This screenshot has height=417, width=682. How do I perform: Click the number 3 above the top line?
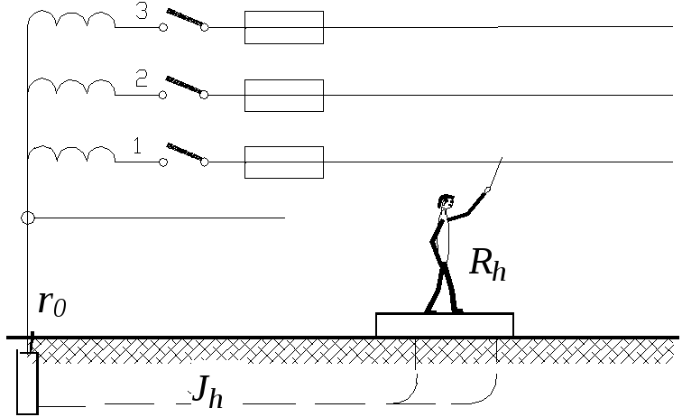(141, 11)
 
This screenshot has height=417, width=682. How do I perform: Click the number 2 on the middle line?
(141, 79)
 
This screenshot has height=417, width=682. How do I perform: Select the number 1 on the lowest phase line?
(137, 145)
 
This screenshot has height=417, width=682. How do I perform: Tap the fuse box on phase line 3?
(283, 27)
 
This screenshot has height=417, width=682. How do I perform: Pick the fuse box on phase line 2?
(283, 95)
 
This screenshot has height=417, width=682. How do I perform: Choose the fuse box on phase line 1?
(283, 162)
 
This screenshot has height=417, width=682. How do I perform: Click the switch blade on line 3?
(184, 17)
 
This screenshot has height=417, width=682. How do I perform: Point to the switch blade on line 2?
(184, 85)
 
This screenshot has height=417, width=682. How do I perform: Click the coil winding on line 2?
(71, 87)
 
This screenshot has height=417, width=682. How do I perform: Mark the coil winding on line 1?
(71, 153)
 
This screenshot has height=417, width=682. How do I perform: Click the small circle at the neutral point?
(28, 218)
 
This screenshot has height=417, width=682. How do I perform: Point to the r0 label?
(51, 303)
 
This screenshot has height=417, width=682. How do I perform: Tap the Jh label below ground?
(206, 390)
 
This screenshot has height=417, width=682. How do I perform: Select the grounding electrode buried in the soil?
(27, 383)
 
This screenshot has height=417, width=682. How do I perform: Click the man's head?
(445, 203)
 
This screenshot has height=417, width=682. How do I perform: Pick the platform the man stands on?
(444, 324)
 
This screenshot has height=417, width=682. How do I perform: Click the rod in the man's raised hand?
(493, 173)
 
